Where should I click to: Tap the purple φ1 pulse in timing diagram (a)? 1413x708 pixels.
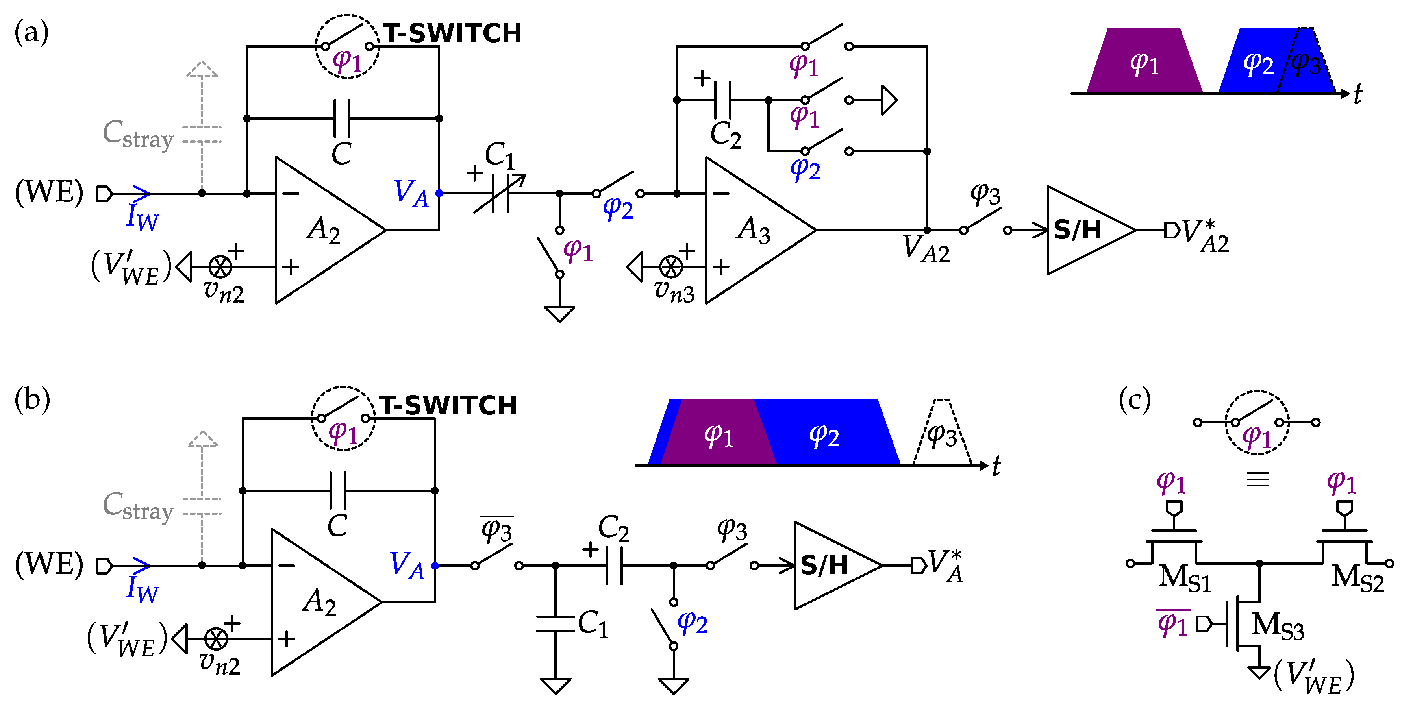(x=1144, y=63)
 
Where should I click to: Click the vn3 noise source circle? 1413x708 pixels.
(x=671, y=267)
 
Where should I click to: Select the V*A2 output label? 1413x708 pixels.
(x=1206, y=236)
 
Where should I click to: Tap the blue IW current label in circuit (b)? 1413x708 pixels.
(x=141, y=588)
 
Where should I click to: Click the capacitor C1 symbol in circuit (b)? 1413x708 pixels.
(x=555, y=624)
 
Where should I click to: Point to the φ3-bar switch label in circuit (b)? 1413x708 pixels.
(x=496, y=530)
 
